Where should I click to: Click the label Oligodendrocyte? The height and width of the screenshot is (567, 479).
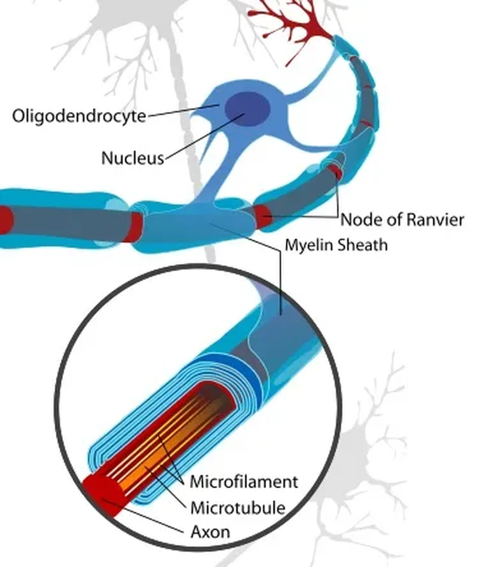tap(79, 116)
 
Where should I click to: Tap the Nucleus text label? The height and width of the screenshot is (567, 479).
tap(132, 158)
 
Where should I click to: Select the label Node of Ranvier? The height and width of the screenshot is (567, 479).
tap(402, 219)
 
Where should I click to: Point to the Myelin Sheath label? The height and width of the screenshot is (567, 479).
tap(336, 245)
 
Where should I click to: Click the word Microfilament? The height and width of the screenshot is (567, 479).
tap(243, 482)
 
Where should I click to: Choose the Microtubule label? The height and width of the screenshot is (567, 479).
tap(237, 507)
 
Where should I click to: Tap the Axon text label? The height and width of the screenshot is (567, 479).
tap(210, 531)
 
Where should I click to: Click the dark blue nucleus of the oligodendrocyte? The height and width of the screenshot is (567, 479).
tap(244, 108)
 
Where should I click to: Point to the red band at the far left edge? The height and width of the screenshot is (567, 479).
tap(5, 220)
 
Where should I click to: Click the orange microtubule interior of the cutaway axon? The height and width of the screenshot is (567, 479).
tap(163, 451)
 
